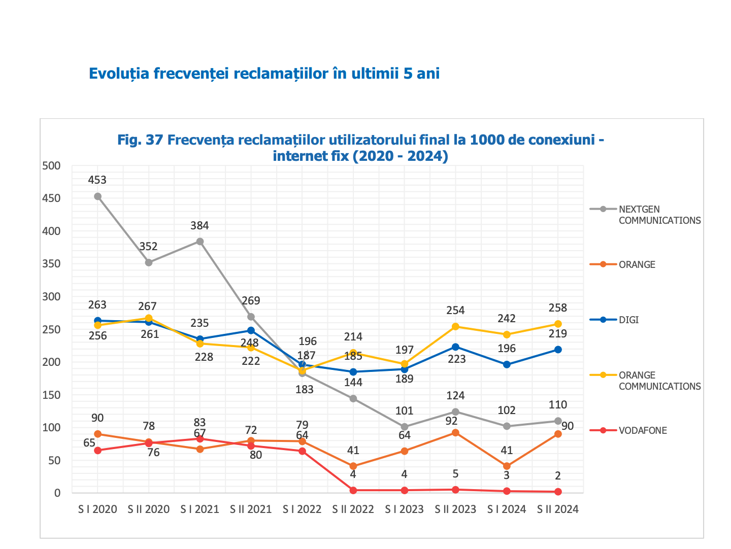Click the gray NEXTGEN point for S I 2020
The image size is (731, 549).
pyautogui.click(x=97, y=196)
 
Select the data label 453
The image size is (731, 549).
pyautogui.click(x=97, y=180)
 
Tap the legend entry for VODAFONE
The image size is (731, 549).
pyautogui.click(x=643, y=431)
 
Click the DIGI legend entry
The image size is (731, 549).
pyautogui.click(x=628, y=320)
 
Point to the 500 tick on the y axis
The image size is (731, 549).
pyautogui.click(x=51, y=165)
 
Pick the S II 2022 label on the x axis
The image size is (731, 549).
pyautogui.click(x=353, y=509)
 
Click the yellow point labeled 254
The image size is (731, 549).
pyautogui.click(x=455, y=327)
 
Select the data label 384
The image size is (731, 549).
pyautogui.click(x=200, y=226)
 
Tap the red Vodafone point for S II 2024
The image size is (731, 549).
pyautogui.click(x=558, y=492)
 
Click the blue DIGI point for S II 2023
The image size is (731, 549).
pyautogui.click(x=455, y=347)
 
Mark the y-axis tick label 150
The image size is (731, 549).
pyautogui.click(x=51, y=395)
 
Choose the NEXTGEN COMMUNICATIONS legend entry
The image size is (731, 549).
pyautogui.click(x=659, y=215)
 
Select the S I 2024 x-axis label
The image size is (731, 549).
pyautogui.click(x=507, y=509)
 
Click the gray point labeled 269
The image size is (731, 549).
pyautogui.click(x=251, y=317)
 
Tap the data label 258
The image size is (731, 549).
pyautogui.click(x=558, y=308)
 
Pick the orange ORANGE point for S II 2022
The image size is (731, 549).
pyautogui.click(x=353, y=466)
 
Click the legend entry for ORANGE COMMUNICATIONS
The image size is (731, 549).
pyautogui.click(x=659, y=381)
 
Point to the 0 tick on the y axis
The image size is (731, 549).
pyautogui.click(x=57, y=493)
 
